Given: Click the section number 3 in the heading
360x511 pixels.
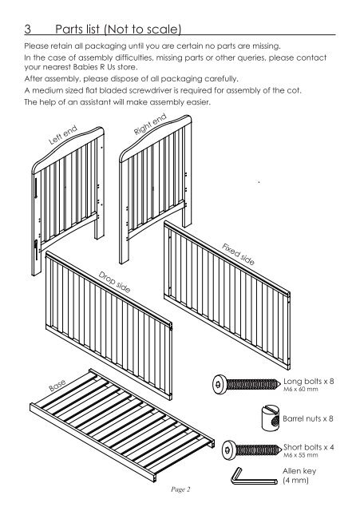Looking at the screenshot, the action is click(28, 29).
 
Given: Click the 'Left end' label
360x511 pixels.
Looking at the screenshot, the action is click(63, 135).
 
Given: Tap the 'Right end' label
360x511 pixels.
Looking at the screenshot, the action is click(150, 124).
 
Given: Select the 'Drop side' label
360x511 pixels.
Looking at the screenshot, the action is click(115, 282).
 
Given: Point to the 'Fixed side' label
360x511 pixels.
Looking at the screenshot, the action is click(238, 254).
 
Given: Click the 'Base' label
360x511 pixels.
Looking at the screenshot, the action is click(57, 385).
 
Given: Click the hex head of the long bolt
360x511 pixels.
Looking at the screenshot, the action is click(219, 384).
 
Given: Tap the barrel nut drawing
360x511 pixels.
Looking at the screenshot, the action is click(271, 418).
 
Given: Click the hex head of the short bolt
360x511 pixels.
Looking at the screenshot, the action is click(229, 450).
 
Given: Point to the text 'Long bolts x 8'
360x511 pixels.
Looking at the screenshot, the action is click(309, 381).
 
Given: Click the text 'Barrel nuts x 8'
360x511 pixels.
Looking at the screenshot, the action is click(308, 418).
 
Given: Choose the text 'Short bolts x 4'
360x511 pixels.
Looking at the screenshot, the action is click(309, 447).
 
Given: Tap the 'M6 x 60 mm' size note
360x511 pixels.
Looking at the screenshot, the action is click(300, 389).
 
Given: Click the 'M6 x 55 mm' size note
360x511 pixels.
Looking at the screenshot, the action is click(300, 455).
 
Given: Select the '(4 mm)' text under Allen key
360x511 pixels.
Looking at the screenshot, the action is click(295, 481).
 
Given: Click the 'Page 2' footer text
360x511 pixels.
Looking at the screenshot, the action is click(180, 489).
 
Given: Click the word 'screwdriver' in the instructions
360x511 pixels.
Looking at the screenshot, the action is click(151, 90).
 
